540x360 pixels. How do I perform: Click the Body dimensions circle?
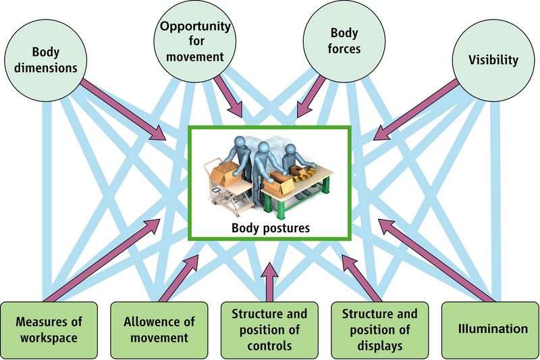[x=46, y=60]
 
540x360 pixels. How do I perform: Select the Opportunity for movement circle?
[x=195, y=41]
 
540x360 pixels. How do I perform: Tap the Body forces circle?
[x=344, y=41]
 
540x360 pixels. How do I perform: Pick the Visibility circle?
[x=493, y=60]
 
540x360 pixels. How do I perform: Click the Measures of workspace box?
[x=49, y=330]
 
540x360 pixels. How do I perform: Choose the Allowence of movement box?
[x=159, y=330]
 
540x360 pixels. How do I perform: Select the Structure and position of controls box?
[x=269, y=330]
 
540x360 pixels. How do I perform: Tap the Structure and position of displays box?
[x=379, y=330]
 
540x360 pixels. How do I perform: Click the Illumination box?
[x=490, y=330]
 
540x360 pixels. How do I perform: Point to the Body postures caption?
[x=271, y=228]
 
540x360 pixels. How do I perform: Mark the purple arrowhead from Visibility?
[x=381, y=133]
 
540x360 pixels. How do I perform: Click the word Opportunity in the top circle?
[x=195, y=26]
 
